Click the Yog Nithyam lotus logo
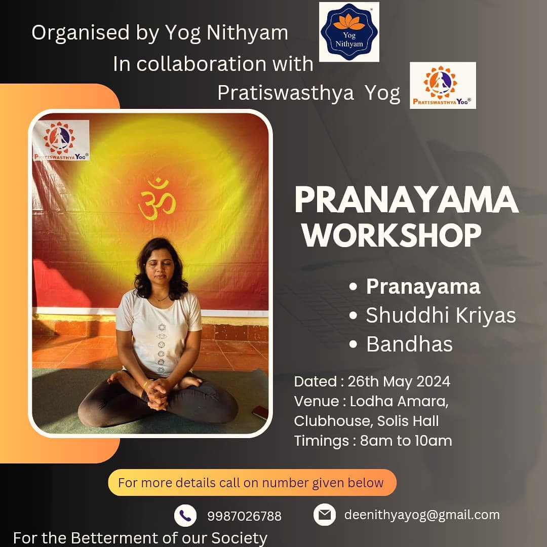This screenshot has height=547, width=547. click(x=349, y=32)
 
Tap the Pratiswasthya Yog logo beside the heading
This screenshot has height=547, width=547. click(x=443, y=86)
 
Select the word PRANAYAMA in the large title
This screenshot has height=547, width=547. click(x=406, y=200)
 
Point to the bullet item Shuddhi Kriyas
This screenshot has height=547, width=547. click(x=441, y=315)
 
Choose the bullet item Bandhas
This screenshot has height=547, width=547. click(x=409, y=344)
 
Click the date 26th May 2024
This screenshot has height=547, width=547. click(x=399, y=381)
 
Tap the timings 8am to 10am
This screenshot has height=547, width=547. click(x=406, y=441)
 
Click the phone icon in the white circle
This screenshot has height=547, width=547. click(x=185, y=516)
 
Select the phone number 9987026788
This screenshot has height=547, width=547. click(x=244, y=516)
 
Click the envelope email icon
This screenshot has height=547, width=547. click(x=325, y=515)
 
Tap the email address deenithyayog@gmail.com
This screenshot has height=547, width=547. click(x=422, y=515)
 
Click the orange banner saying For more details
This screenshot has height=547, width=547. click(x=252, y=483)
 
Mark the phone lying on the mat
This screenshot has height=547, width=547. click(x=260, y=413)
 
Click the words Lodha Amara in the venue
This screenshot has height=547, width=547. click(x=399, y=401)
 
